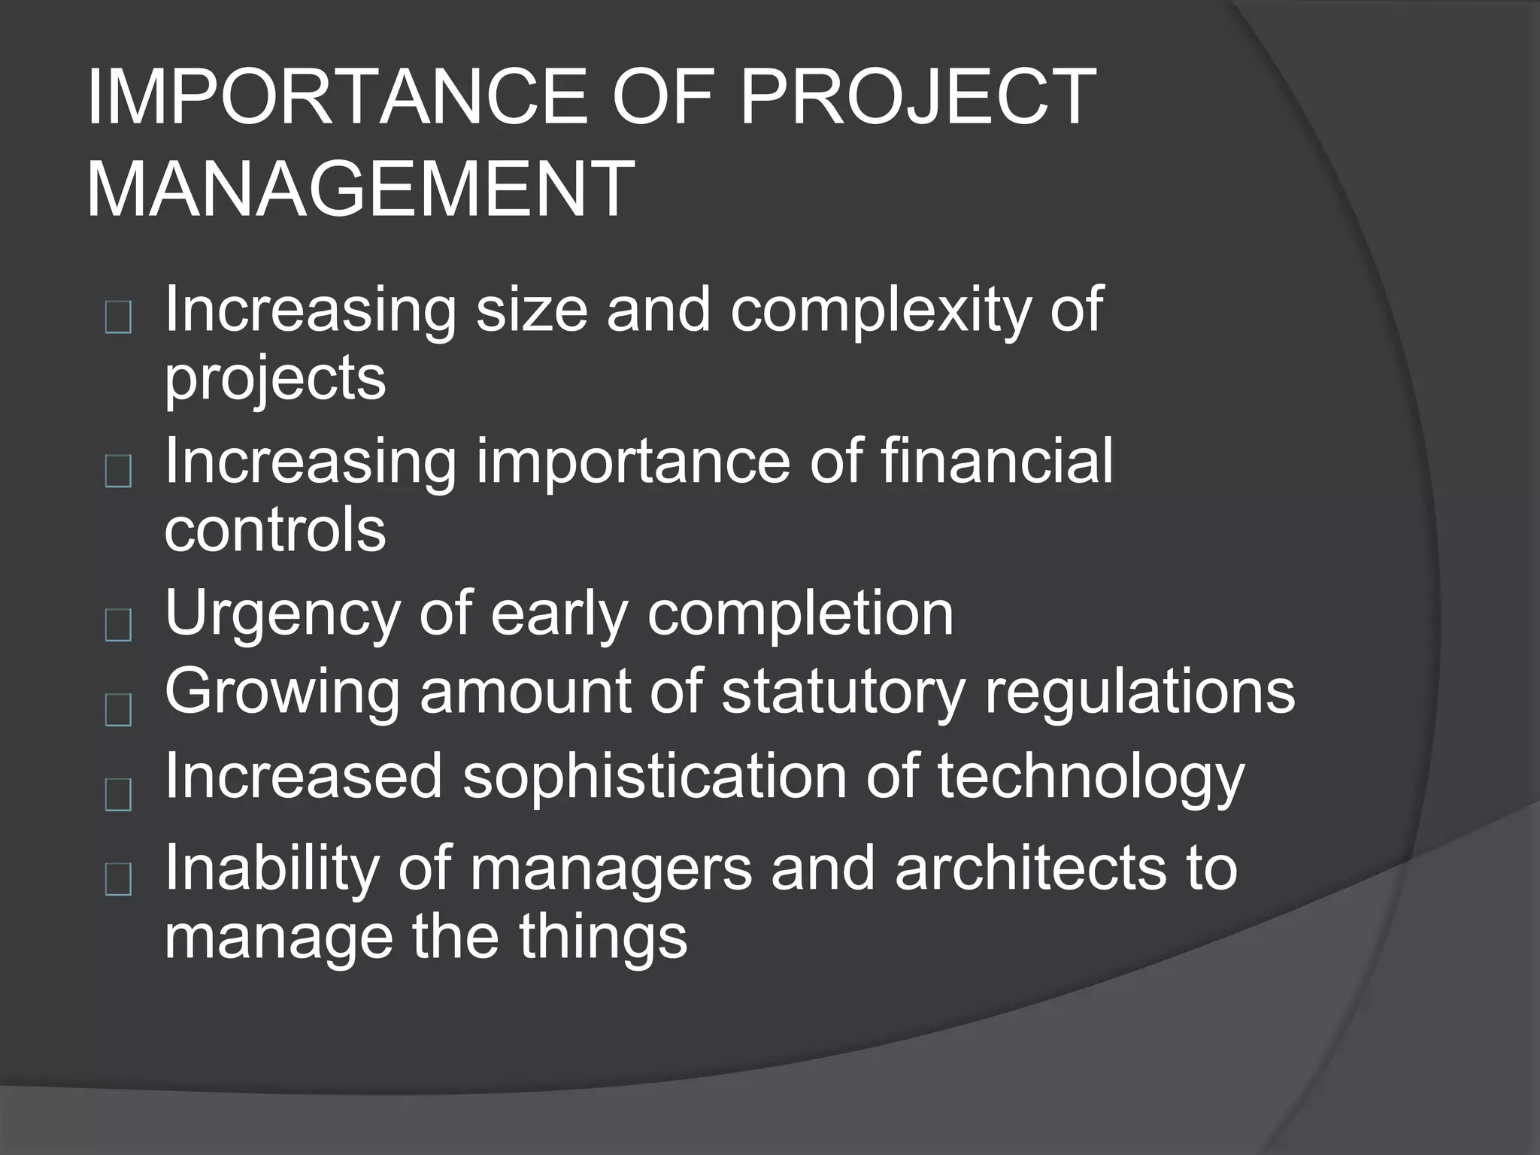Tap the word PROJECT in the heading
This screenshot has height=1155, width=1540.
(917, 98)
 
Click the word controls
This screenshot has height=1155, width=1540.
(274, 529)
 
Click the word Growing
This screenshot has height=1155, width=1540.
(282, 692)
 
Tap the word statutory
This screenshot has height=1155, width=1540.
(842, 692)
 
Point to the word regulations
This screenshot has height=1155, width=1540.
(1139, 692)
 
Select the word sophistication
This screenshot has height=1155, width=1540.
(654, 776)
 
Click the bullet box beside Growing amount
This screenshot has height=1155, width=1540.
(119, 710)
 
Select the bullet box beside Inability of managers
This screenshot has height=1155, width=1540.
(119, 880)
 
